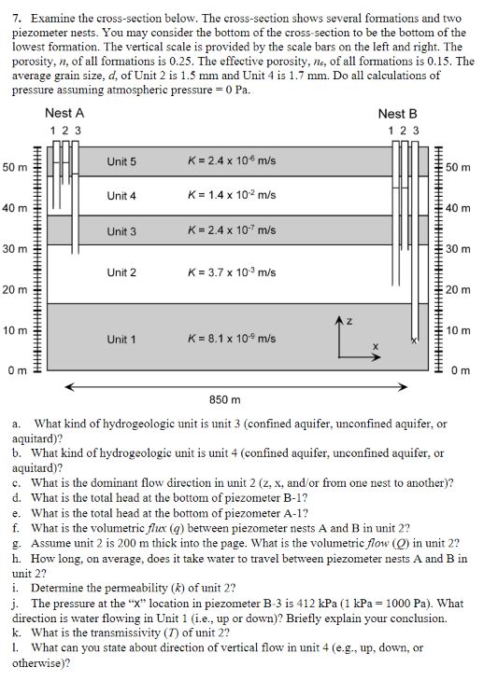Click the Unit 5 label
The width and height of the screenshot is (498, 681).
tap(121, 161)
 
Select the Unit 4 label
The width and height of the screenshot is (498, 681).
tap(121, 196)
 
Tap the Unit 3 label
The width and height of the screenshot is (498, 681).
tap(121, 231)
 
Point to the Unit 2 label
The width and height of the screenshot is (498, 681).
tap(121, 272)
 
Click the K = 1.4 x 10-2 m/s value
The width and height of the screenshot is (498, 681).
tap(232, 196)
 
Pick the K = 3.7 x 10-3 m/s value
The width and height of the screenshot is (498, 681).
tap(232, 272)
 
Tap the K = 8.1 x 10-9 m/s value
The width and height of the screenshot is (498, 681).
tap(232, 339)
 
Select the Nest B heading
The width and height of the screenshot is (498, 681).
tap(398, 113)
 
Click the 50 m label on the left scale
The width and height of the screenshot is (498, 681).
tap(16, 167)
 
